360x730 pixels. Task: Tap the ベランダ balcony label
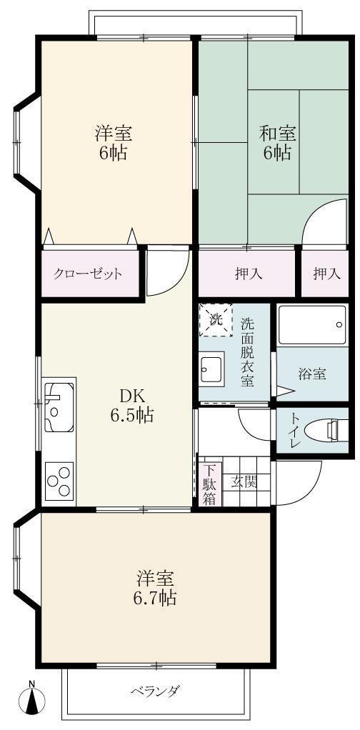[154, 691]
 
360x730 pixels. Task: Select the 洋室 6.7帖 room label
[154, 588]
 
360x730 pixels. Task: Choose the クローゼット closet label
[88, 274]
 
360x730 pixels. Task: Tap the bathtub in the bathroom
[312, 326]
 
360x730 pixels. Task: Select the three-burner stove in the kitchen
[59, 481]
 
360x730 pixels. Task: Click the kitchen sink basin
[58, 404]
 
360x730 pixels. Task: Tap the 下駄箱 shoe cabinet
[209, 485]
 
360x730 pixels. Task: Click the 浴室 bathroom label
[312, 374]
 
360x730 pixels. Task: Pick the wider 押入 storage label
[246, 274]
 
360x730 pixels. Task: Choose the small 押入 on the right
[324, 274]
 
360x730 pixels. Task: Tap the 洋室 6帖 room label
[114, 142]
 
